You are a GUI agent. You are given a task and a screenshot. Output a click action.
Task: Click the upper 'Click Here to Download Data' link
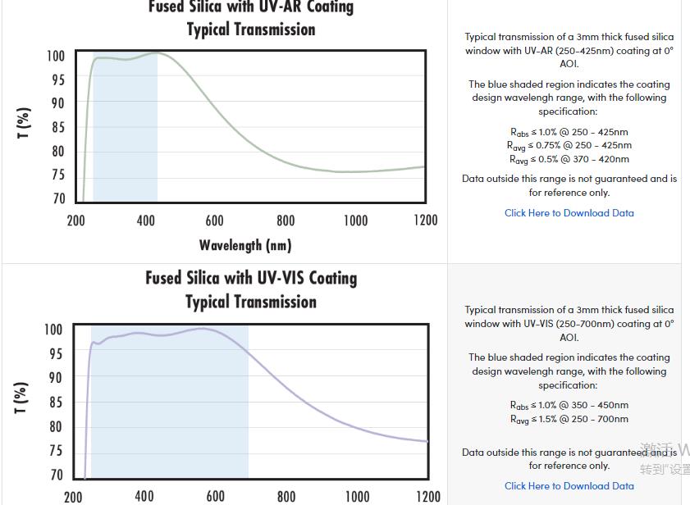(x=569, y=213)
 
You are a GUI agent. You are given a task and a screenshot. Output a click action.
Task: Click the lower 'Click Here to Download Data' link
(x=569, y=486)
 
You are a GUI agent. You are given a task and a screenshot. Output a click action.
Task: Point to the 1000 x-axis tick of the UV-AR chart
(x=355, y=221)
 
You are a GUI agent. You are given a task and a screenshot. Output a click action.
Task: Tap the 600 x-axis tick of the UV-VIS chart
(x=215, y=496)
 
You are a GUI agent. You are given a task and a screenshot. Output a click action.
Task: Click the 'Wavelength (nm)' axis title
(x=244, y=245)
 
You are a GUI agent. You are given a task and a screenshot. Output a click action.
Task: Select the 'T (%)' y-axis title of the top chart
(x=24, y=123)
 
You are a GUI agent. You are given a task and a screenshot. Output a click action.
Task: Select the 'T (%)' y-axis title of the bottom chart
(x=22, y=397)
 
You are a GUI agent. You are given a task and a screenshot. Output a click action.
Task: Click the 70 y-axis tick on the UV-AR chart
(x=57, y=198)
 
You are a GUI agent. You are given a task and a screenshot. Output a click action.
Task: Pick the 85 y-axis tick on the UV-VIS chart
(x=54, y=403)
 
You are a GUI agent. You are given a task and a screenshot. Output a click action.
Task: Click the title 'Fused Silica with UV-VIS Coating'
(x=251, y=278)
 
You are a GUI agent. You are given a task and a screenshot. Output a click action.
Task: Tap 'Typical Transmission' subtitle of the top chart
(x=251, y=30)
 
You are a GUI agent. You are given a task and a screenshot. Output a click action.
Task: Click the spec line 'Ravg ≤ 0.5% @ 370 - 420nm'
(x=569, y=159)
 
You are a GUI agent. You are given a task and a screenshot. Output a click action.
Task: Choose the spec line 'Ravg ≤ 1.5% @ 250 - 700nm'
(x=569, y=419)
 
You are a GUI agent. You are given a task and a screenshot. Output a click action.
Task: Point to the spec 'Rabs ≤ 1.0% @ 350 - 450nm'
(x=569, y=405)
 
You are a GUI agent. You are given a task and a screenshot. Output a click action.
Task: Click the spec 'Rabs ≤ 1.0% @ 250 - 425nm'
(x=569, y=132)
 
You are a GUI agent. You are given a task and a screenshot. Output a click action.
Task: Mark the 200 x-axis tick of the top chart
(x=75, y=221)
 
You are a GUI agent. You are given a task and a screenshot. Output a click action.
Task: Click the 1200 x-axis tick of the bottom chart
(x=427, y=496)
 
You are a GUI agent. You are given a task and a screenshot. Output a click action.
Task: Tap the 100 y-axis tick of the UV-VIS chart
(x=53, y=330)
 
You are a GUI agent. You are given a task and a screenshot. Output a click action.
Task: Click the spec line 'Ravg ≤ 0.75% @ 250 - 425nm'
(x=569, y=146)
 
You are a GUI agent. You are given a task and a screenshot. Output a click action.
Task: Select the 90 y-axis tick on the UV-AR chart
(x=57, y=103)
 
